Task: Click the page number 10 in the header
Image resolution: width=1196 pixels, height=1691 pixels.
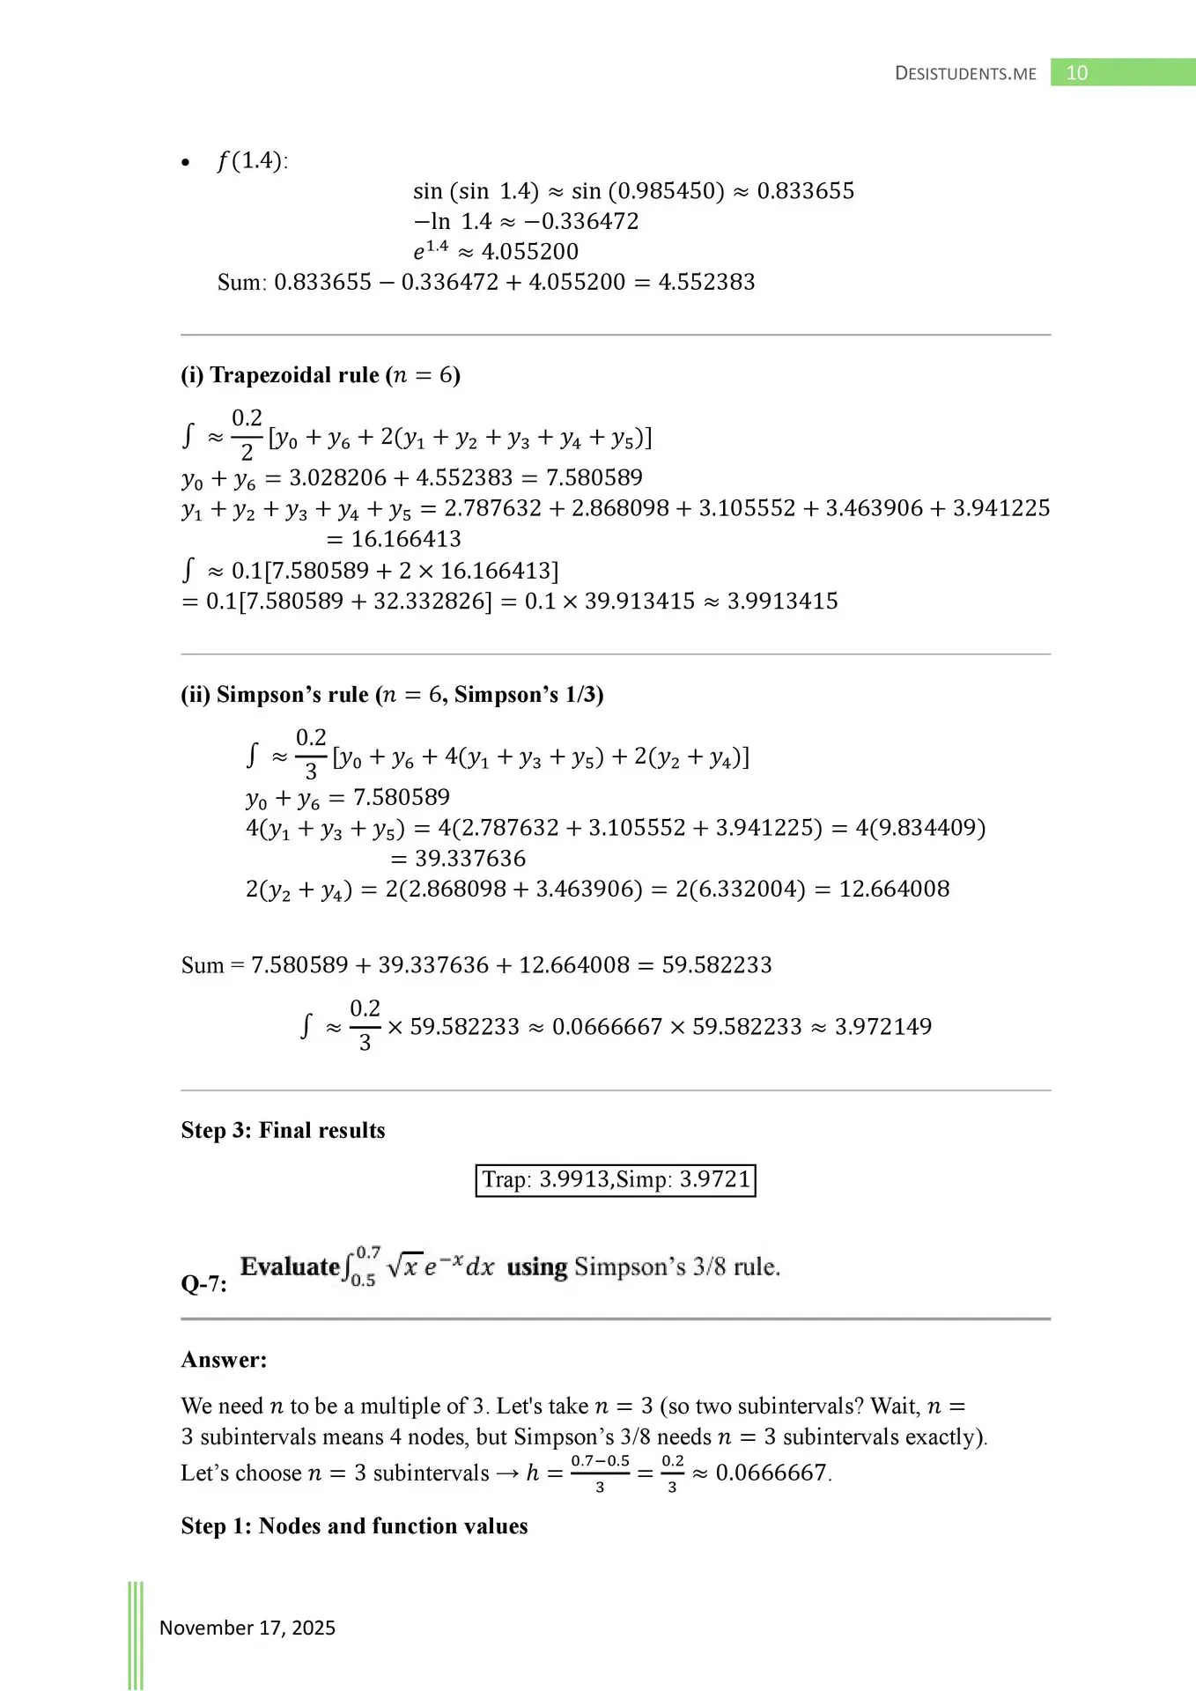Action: tap(1076, 73)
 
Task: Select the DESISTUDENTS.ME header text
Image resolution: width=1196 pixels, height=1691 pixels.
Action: tap(965, 74)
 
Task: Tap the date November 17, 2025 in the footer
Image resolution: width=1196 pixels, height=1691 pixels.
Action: tap(247, 1628)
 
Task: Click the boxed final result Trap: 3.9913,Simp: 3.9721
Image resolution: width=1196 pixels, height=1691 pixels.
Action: tap(616, 1179)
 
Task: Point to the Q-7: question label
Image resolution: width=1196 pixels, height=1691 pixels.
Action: tap(203, 1283)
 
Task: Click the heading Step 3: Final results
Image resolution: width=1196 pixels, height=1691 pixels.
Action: tap(283, 1130)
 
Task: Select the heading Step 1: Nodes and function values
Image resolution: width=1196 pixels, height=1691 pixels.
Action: tap(354, 1525)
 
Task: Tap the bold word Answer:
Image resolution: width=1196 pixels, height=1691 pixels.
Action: tap(224, 1359)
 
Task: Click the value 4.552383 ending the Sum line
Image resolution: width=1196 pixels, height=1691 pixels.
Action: tap(706, 282)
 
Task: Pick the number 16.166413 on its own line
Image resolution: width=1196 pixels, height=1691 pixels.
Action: tap(406, 539)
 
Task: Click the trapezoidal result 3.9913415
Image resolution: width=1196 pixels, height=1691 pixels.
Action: tap(782, 601)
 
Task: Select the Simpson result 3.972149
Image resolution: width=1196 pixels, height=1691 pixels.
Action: tap(882, 1026)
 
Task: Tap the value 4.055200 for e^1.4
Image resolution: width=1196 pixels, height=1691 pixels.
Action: tap(530, 252)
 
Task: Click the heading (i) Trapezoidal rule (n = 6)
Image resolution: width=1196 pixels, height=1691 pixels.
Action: tap(321, 375)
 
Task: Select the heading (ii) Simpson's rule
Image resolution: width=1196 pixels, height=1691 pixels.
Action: tap(392, 694)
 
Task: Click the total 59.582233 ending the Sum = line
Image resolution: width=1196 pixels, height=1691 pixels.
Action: tap(717, 964)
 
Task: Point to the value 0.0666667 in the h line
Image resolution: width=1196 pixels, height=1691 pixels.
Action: tap(771, 1473)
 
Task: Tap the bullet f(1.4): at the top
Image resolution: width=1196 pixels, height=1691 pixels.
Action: tap(251, 161)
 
